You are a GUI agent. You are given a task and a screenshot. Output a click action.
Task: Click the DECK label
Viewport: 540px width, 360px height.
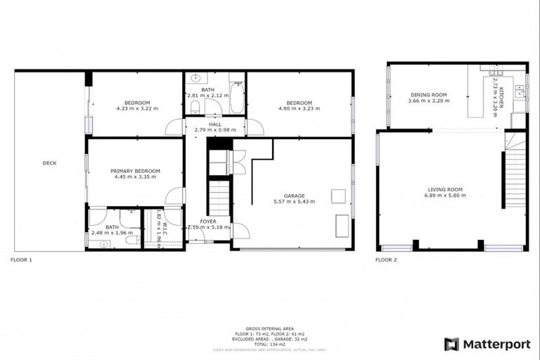pyautogui.click(x=49, y=163)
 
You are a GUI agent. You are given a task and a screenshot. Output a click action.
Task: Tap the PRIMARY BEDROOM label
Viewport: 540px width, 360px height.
pyautogui.click(x=135, y=171)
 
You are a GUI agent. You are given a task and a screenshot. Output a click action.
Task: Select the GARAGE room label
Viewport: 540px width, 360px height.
pyautogui.click(x=294, y=195)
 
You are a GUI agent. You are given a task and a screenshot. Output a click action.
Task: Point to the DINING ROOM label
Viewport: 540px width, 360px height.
pyautogui.click(x=428, y=95)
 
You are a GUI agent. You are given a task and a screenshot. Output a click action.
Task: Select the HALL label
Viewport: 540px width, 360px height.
pyautogui.click(x=214, y=124)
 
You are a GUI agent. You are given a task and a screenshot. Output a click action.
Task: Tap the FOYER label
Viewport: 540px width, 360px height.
pyautogui.click(x=207, y=221)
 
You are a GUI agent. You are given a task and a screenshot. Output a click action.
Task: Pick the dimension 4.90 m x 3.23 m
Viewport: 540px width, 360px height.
pyautogui.click(x=299, y=109)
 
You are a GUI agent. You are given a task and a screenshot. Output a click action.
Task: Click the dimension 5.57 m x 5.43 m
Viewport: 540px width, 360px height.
pyautogui.click(x=294, y=202)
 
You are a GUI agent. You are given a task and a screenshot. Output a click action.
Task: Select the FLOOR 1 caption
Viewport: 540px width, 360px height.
pyautogui.click(x=21, y=259)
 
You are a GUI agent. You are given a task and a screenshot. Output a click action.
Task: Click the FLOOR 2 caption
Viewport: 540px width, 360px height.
pyautogui.click(x=386, y=259)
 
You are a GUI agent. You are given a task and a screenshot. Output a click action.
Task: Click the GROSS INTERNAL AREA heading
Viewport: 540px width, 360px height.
pyautogui.click(x=270, y=328)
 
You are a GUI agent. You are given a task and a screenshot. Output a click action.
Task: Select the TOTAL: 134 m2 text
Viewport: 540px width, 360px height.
pyautogui.click(x=270, y=343)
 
